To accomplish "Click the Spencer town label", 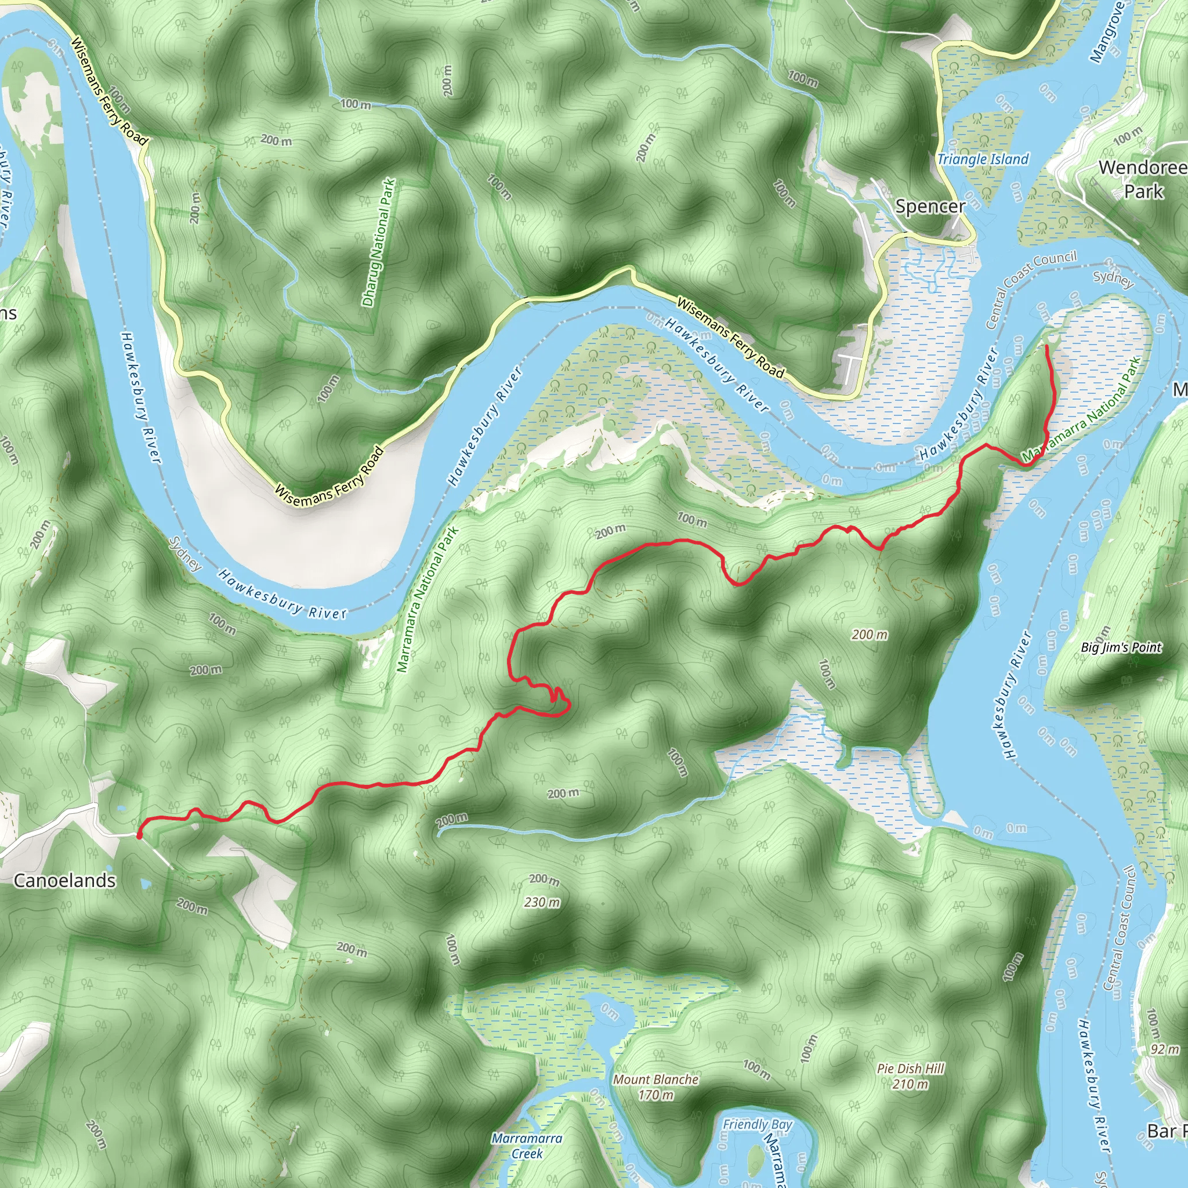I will [930, 207].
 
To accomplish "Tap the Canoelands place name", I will [64, 881].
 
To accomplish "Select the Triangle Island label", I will [983, 160].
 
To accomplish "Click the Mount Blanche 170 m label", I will [656, 1086].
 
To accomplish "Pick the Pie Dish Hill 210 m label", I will [911, 1076].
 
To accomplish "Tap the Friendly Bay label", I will [758, 1124].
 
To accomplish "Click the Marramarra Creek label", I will [527, 1146].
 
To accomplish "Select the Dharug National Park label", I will [379, 242].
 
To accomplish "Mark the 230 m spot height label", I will [542, 902].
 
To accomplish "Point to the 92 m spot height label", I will [1165, 1049].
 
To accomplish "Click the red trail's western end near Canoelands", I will [139, 836].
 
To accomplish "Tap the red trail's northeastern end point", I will [1046, 347].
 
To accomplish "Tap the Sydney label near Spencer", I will [1113, 278].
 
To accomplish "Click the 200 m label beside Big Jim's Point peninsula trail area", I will [870, 634].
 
